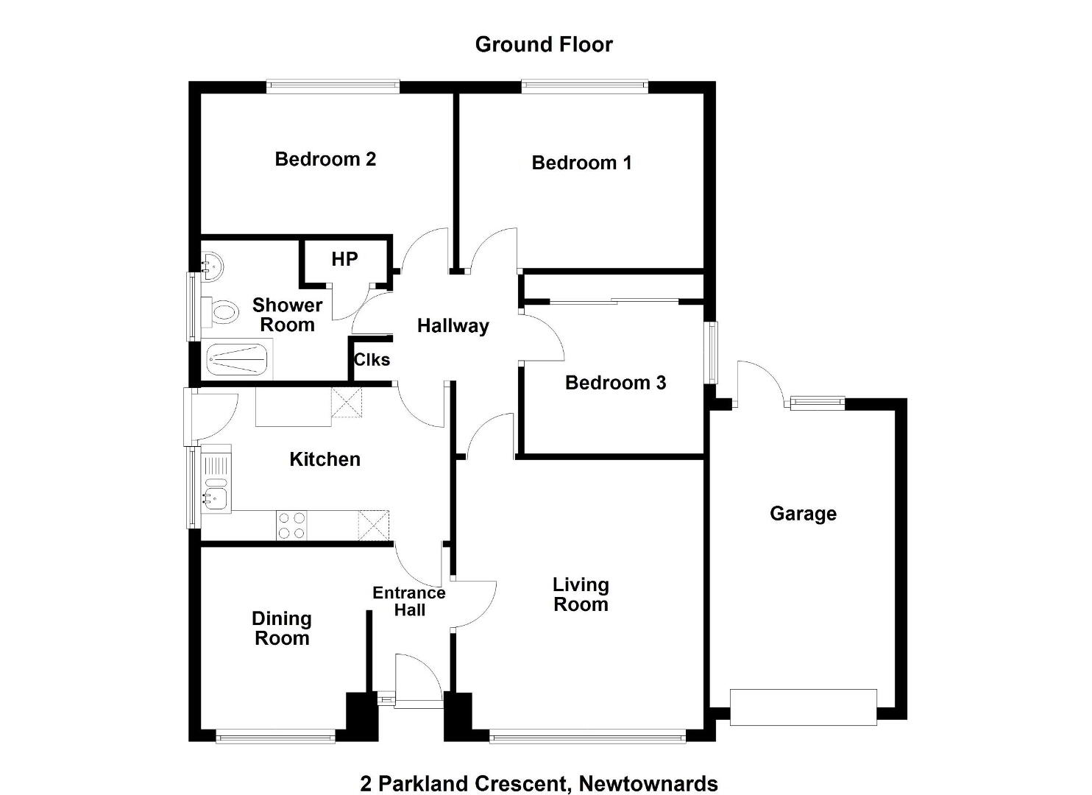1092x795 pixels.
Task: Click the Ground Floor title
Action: (x=544, y=45)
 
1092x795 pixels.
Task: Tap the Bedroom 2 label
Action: (x=325, y=159)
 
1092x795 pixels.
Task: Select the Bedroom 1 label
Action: (x=581, y=163)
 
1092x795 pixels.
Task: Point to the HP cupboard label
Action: (x=344, y=259)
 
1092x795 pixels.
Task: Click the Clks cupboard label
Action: (x=372, y=360)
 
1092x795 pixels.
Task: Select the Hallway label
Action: (x=453, y=326)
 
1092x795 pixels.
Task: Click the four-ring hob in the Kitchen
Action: (x=291, y=526)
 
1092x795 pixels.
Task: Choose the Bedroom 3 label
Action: (x=615, y=383)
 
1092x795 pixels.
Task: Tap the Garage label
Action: (x=804, y=514)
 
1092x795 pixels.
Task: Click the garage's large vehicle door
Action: (x=803, y=707)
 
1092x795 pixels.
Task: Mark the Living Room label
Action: (x=581, y=595)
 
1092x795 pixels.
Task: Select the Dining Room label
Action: (x=282, y=629)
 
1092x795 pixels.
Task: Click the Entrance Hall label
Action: (x=409, y=601)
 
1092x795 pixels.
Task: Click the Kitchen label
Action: (x=325, y=459)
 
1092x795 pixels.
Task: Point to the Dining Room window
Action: (x=275, y=736)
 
